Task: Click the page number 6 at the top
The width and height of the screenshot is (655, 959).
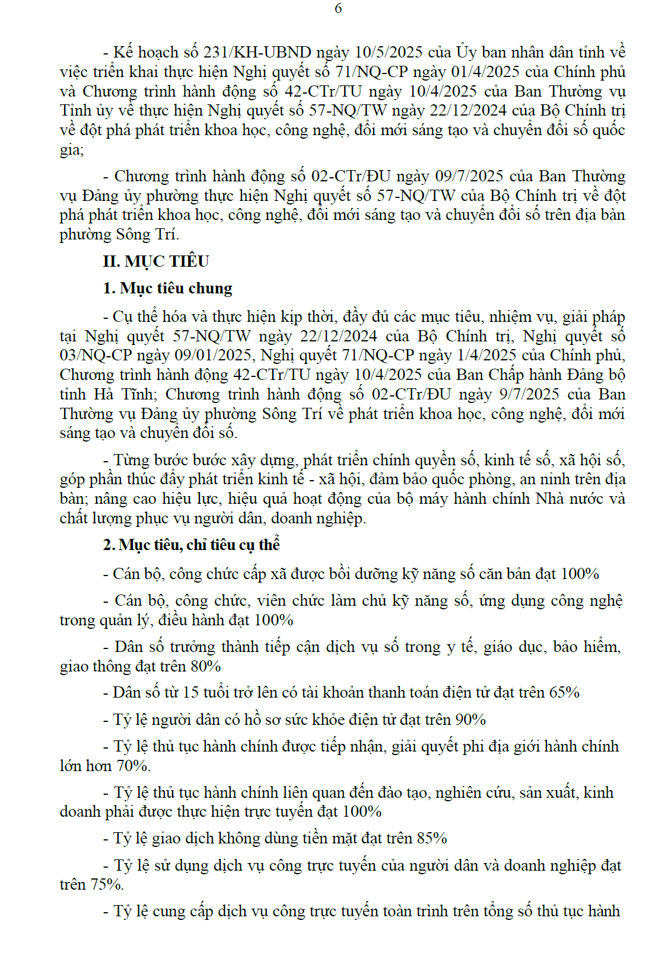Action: click(338, 8)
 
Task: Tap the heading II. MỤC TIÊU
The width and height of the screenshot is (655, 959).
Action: click(156, 261)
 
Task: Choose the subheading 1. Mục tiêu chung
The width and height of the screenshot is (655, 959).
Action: click(167, 289)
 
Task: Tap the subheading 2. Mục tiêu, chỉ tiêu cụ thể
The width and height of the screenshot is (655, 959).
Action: click(191, 545)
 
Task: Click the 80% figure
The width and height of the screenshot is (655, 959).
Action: click(206, 667)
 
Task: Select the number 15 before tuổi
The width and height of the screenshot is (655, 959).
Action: click(190, 693)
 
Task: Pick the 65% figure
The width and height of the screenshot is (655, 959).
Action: click(564, 693)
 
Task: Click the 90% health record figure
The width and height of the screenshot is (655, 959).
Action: click(470, 720)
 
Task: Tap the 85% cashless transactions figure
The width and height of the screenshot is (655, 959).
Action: click(432, 839)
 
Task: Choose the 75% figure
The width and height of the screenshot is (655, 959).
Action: click(107, 885)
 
